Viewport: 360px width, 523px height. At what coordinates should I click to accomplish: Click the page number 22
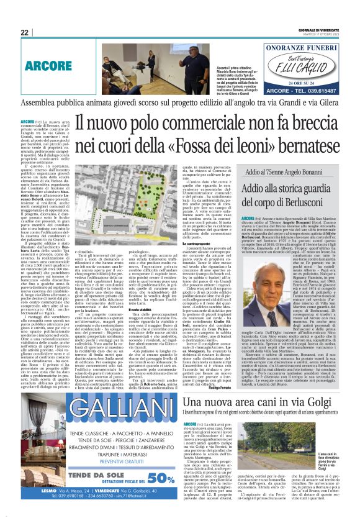(x=25, y=32)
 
